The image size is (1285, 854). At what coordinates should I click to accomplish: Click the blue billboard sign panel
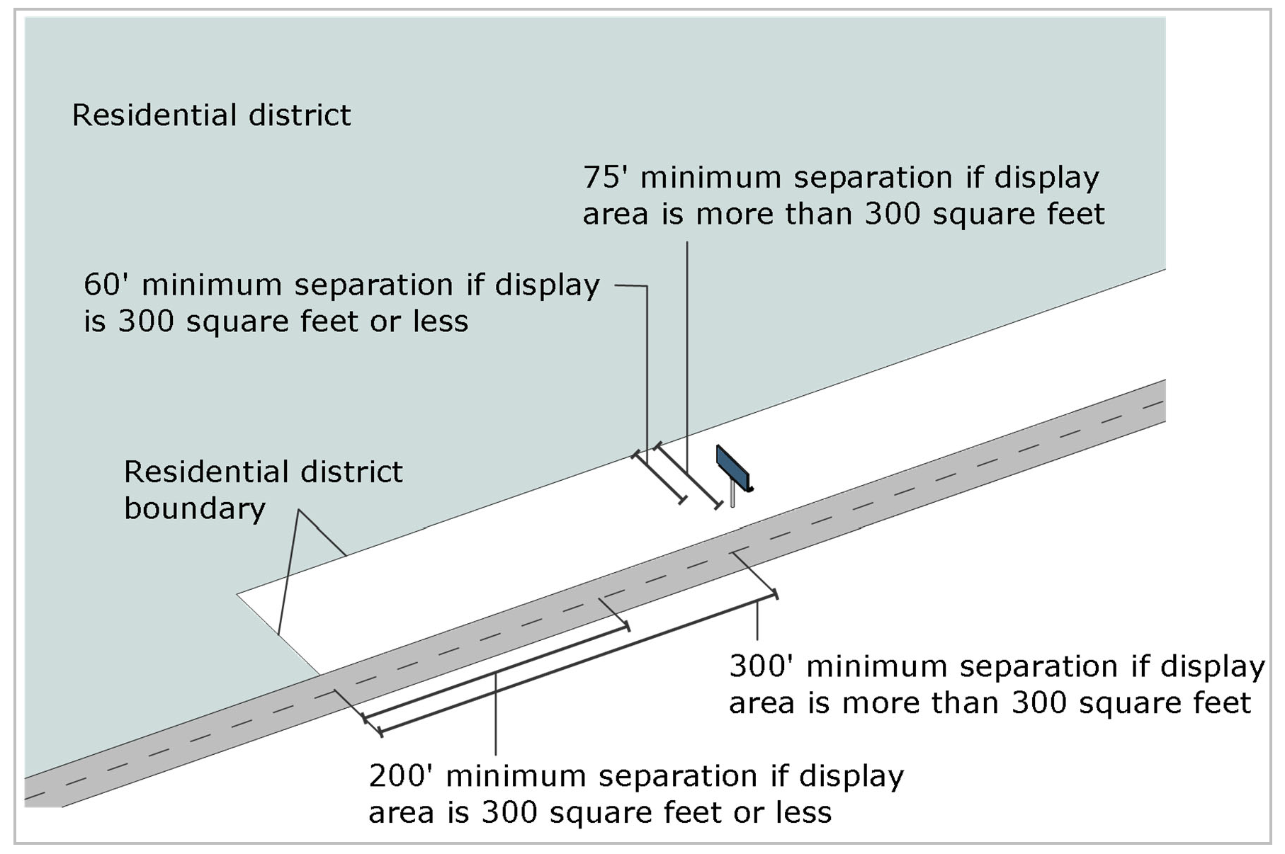tap(732, 467)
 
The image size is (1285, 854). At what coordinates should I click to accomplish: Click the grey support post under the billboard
tap(732, 496)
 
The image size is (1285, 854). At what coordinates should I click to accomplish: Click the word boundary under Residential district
tap(195, 508)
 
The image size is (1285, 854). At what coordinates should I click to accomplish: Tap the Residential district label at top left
tap(211, 115)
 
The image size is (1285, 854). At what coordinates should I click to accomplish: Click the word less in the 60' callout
tap(441, 321)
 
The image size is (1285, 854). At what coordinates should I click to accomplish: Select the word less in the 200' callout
tap(804, 812)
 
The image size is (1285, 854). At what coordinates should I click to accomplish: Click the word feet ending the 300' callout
tap(1223, 702)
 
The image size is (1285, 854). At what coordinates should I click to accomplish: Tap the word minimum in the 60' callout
tap(208, 285)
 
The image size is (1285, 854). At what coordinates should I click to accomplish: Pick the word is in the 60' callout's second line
tap(94, 321)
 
